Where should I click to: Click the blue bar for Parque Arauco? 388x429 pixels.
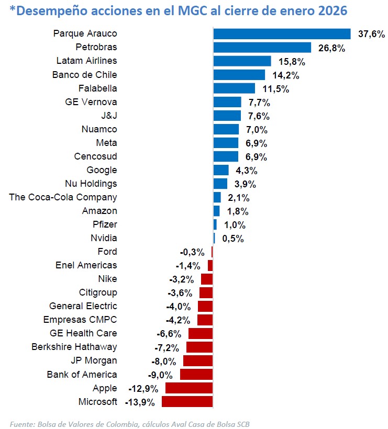point(282,34)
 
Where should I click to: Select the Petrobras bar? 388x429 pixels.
point(262,48)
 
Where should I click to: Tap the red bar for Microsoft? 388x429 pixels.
point(187,402)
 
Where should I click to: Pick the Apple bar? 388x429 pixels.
point(189,388)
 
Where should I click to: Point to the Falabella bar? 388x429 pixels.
point(234,88)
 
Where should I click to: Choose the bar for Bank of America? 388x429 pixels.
point(196,375)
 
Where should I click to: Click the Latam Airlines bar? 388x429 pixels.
point(242,61)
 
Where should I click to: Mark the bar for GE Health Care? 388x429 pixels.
point(201,334)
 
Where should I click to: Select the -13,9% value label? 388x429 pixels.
point(140,402)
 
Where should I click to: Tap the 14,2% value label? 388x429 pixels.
point(285,75)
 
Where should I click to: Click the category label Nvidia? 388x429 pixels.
point(104,238)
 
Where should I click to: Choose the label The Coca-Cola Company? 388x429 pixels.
point(63,197)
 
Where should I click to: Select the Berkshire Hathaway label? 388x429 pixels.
point(74,347)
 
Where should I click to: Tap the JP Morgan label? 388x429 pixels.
point(94,360)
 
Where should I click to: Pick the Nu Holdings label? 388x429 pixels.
point(91,184)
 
